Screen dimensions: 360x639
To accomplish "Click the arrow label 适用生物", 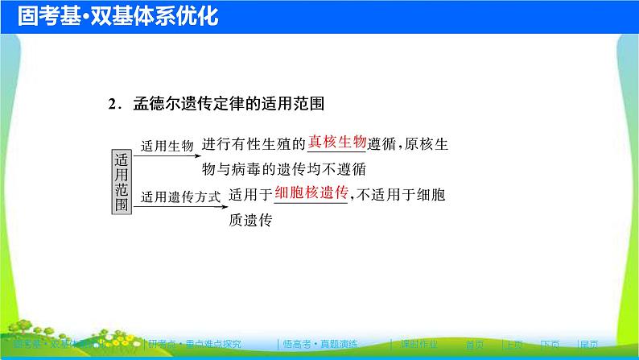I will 167,146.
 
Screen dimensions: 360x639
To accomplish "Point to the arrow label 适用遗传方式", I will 179,197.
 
